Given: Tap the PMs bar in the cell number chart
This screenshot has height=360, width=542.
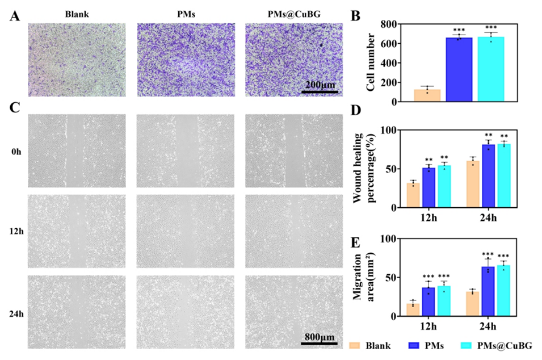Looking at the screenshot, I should [x=459, y=70].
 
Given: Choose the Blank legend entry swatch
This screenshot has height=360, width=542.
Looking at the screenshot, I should [x=355, y=345].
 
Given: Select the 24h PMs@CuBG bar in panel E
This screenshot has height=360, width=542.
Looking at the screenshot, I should [x=502, y=291].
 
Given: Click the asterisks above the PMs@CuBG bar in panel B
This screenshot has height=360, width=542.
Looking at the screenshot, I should [x=491, y=28].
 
